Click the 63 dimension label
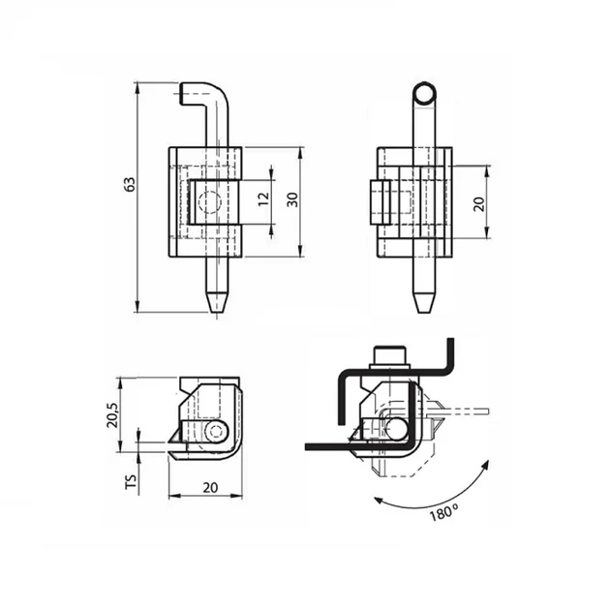130,184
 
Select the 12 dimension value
263,198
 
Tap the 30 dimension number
292,199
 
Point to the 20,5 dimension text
113,415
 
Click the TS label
132,481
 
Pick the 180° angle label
443,512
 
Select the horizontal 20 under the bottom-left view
210,487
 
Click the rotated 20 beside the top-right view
479,204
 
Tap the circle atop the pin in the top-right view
424,94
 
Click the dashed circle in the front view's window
209,202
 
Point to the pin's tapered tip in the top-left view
217,302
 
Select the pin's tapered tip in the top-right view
424,302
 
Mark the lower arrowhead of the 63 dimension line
137,307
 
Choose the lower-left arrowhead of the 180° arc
378,500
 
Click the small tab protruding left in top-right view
381,202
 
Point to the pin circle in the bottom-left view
216,431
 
